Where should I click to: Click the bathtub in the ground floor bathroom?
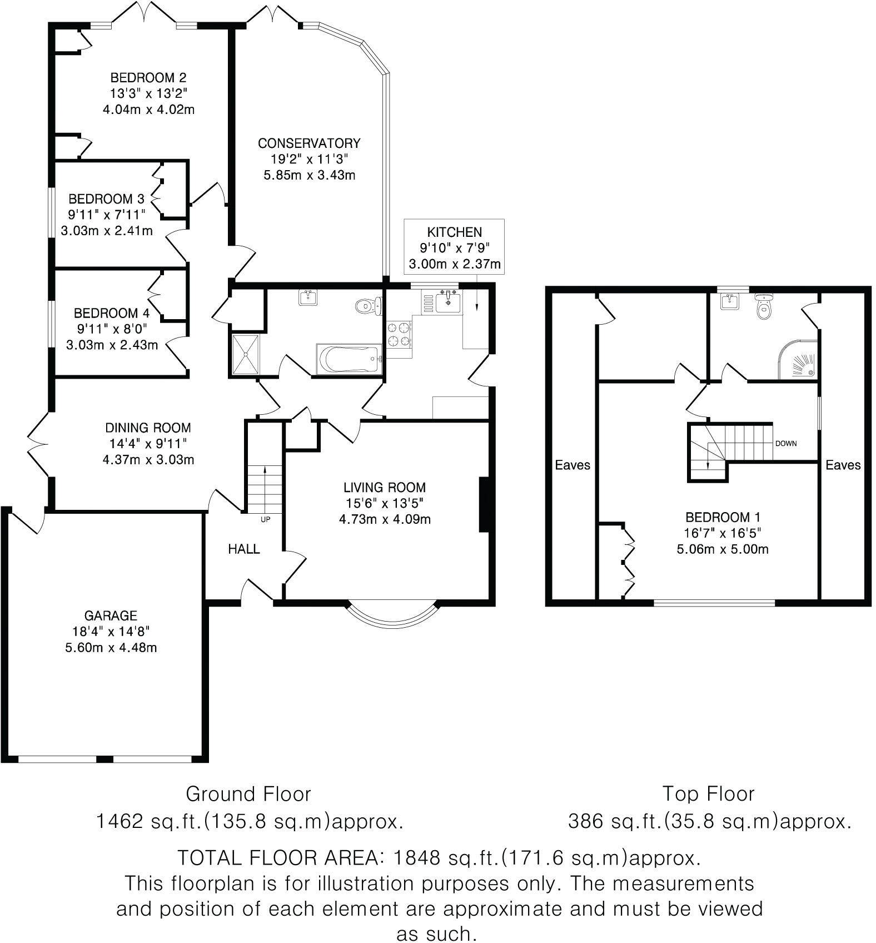pos(349,360)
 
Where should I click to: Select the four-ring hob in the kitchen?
pos(399,335)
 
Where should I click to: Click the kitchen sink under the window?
pos(448,302)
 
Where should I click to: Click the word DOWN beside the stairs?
pos(786,444)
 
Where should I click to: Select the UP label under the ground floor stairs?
pos(265,519)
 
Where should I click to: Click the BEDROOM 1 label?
pos(722,517)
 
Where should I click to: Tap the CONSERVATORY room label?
pos(309,143)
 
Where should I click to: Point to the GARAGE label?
pos(111,616)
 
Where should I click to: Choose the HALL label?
pos(243,549)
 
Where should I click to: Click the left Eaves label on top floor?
pos(572,465)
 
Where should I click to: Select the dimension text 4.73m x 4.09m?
pos(385,520)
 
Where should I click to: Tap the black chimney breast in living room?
pos(484,505)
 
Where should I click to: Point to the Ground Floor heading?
pos(248,793)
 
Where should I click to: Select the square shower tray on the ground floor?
pos(245,354)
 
